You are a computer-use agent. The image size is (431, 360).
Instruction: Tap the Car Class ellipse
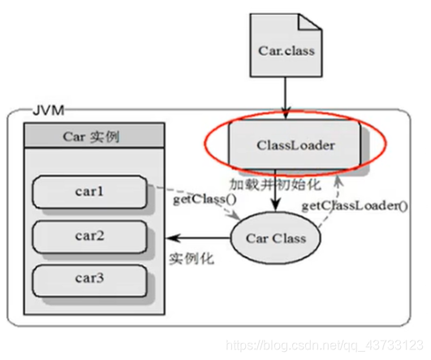click(277, 238)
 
